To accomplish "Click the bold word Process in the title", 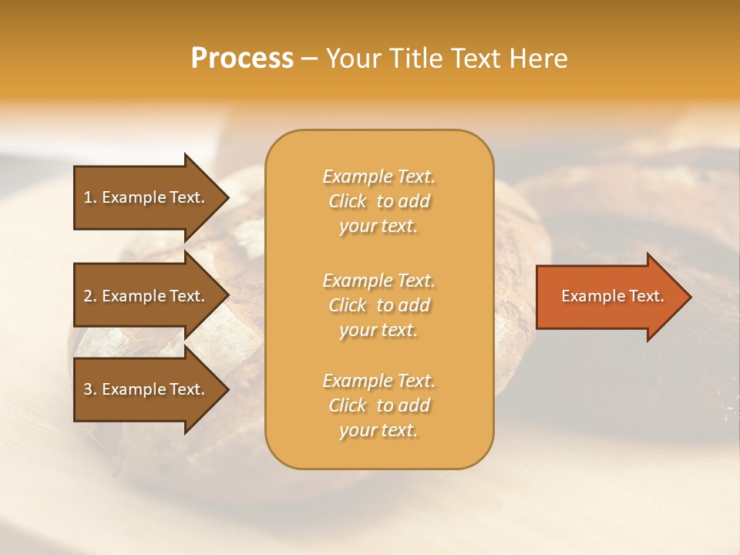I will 242,59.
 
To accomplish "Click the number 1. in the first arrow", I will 90,197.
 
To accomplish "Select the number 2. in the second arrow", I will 90,296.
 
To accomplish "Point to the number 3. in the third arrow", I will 90,389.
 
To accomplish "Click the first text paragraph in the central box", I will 378,201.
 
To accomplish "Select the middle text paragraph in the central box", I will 378,305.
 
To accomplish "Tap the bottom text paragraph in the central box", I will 378,405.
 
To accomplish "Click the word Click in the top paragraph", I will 348,201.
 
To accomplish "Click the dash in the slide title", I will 310,59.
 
